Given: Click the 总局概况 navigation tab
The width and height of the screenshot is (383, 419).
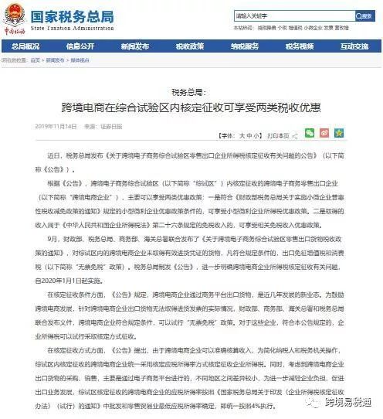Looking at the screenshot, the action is coord(26,46).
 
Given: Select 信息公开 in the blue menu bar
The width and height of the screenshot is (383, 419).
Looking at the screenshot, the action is coord(80,46).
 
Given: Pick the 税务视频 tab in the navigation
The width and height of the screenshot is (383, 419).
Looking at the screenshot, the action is coord(300,46).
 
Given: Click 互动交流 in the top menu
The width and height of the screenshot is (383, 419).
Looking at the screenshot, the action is coord(354,46).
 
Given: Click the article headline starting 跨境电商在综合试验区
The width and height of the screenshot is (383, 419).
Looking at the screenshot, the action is coord(191,107).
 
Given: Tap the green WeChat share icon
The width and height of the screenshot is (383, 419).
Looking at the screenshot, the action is coord(310,133).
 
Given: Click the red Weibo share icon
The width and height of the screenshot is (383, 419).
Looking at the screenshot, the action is coord(325,133).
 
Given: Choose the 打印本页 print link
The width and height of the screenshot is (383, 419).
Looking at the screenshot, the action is coord(278,135).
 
